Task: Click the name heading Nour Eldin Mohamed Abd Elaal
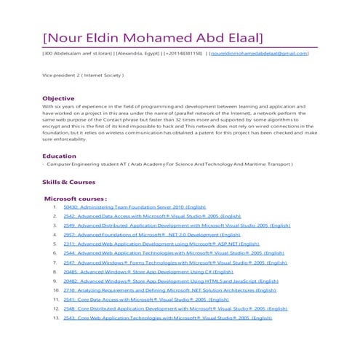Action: pos(153,37)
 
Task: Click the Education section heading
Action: pos(60,156)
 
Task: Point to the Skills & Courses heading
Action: pos(68,181)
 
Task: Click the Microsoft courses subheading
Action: pos(76,198)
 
